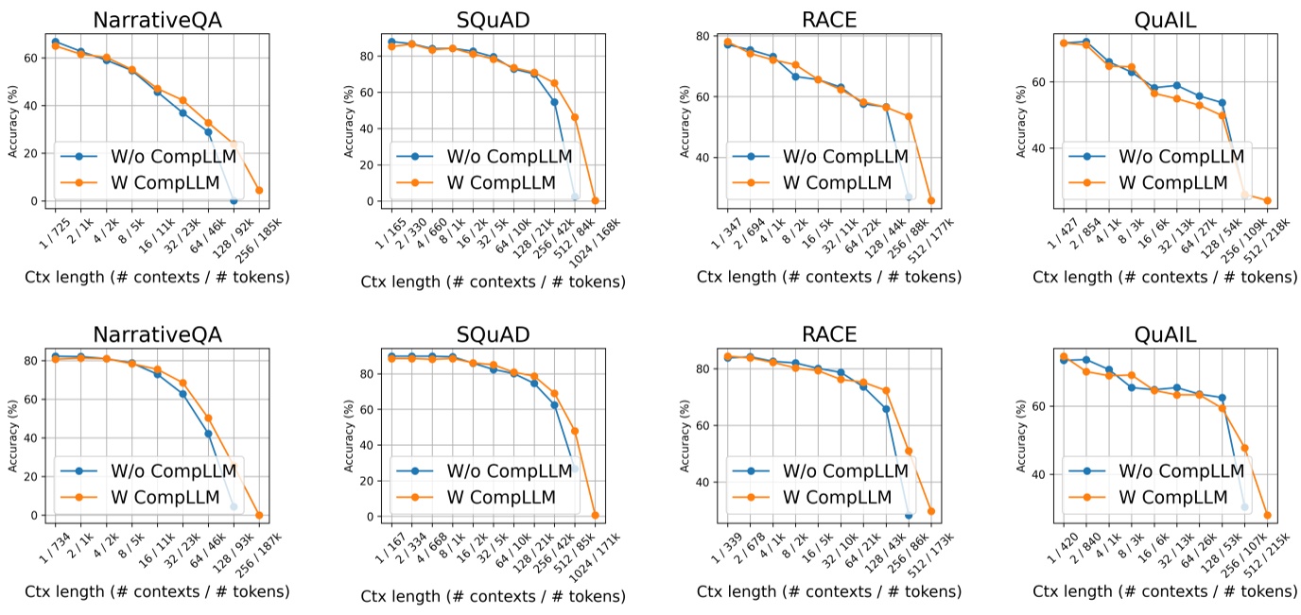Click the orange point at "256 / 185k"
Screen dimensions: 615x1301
(259, 190)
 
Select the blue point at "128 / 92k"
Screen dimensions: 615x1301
(234, 200)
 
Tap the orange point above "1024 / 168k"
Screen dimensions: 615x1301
(596, 200)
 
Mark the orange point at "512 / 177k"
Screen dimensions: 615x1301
(931, 200)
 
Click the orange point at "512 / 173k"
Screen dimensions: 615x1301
(931, 511)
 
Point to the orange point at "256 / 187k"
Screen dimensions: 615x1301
(259, 515)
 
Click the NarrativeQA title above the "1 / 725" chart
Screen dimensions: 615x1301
(157, 20)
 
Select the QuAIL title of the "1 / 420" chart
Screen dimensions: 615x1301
(1165, 335)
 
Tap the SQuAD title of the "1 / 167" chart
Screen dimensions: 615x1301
(493, 335)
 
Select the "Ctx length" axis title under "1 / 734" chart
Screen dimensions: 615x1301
(157, 592)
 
